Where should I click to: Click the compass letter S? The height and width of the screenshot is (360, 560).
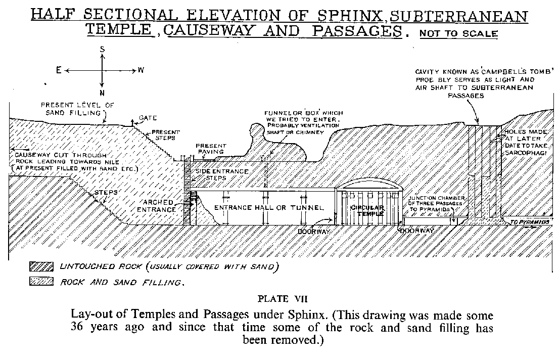click(103, 49)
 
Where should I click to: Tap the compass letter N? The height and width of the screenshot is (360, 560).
click(103, 93)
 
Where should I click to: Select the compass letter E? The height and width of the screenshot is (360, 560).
click(59, 71)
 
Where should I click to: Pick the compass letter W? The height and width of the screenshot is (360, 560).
click(141, 70)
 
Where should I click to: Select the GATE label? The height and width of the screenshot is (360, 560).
click(148, 118)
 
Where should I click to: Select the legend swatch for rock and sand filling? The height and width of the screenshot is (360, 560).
click(42, 282)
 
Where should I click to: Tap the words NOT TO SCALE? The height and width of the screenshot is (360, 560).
click(458, 34)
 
